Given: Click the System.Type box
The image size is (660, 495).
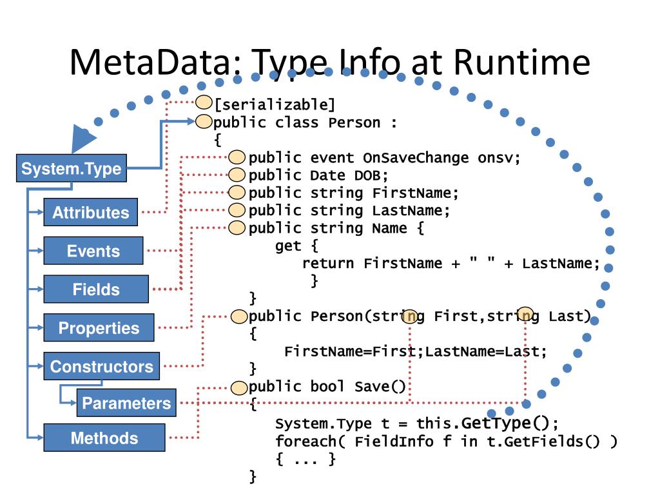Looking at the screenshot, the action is pyautogui.click(x=71, y=168).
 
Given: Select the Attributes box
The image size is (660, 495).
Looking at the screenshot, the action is pyautogui.click(x=90, y=212).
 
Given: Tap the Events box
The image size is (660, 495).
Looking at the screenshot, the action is pyautogui.click(x=93, y=251).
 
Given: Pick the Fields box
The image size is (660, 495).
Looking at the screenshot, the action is pyautogui.click(x=96, y=289).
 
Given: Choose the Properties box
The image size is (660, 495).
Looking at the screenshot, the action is pyautogui.click(x=99, y=327).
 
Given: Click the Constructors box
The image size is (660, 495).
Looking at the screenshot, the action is pyautogui.click(x=101, y=366).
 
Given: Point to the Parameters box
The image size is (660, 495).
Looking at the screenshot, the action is pyautogui.click(x=126, y=403).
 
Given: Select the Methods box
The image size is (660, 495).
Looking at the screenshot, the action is pyautogui.click(x=104, y=438).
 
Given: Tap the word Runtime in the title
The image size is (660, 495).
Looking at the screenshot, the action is pyautogui.click(x=522, y=63).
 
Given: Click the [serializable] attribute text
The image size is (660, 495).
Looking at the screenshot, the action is pyautogui.click(x=275, y=104).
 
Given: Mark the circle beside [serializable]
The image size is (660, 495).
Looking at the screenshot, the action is pyautogui.click(x=204, y=102).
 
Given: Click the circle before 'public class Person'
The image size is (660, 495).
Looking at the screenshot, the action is pyautogui.click(x=204, y=122).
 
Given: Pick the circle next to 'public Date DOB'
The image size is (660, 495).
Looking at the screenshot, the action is pyautogui.click(x=237, y=175).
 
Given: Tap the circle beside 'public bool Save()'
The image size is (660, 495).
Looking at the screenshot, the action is pyautogui.click(x=239, y=387).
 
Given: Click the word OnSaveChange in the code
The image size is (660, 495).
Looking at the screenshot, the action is pyautogui.click(x=416, y=158).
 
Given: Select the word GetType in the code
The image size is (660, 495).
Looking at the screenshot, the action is pyautogui.click(x=496, y=423).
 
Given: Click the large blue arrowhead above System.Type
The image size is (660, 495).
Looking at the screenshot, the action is pyautogui.click(x=83, y=138).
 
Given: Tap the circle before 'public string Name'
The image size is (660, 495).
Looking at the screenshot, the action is pyautogui.click(x=237, y=228).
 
